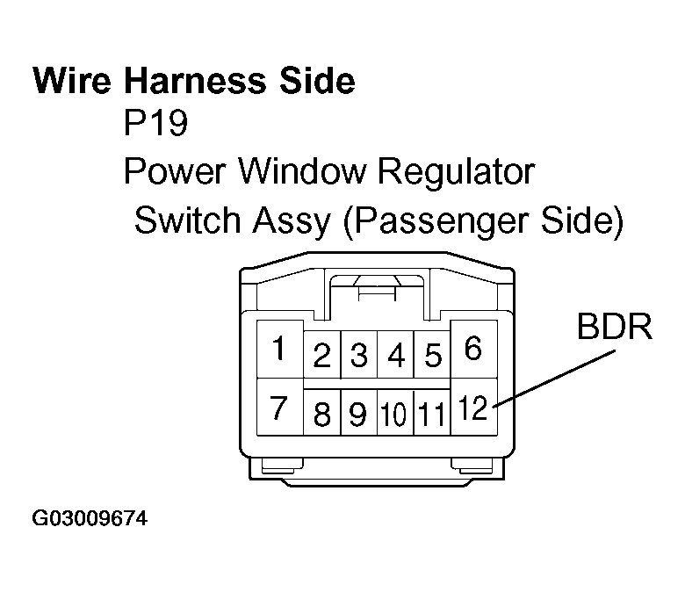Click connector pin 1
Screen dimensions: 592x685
point(278,350)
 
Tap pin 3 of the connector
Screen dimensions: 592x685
point(358,357)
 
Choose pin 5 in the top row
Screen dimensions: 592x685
point(432,357)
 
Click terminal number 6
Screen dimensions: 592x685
point(473,350)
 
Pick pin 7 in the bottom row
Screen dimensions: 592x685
point(278,408)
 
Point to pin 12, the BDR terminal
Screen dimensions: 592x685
point(472,408)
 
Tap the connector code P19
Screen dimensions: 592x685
point(155,124)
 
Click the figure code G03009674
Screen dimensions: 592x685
point(90,519)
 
